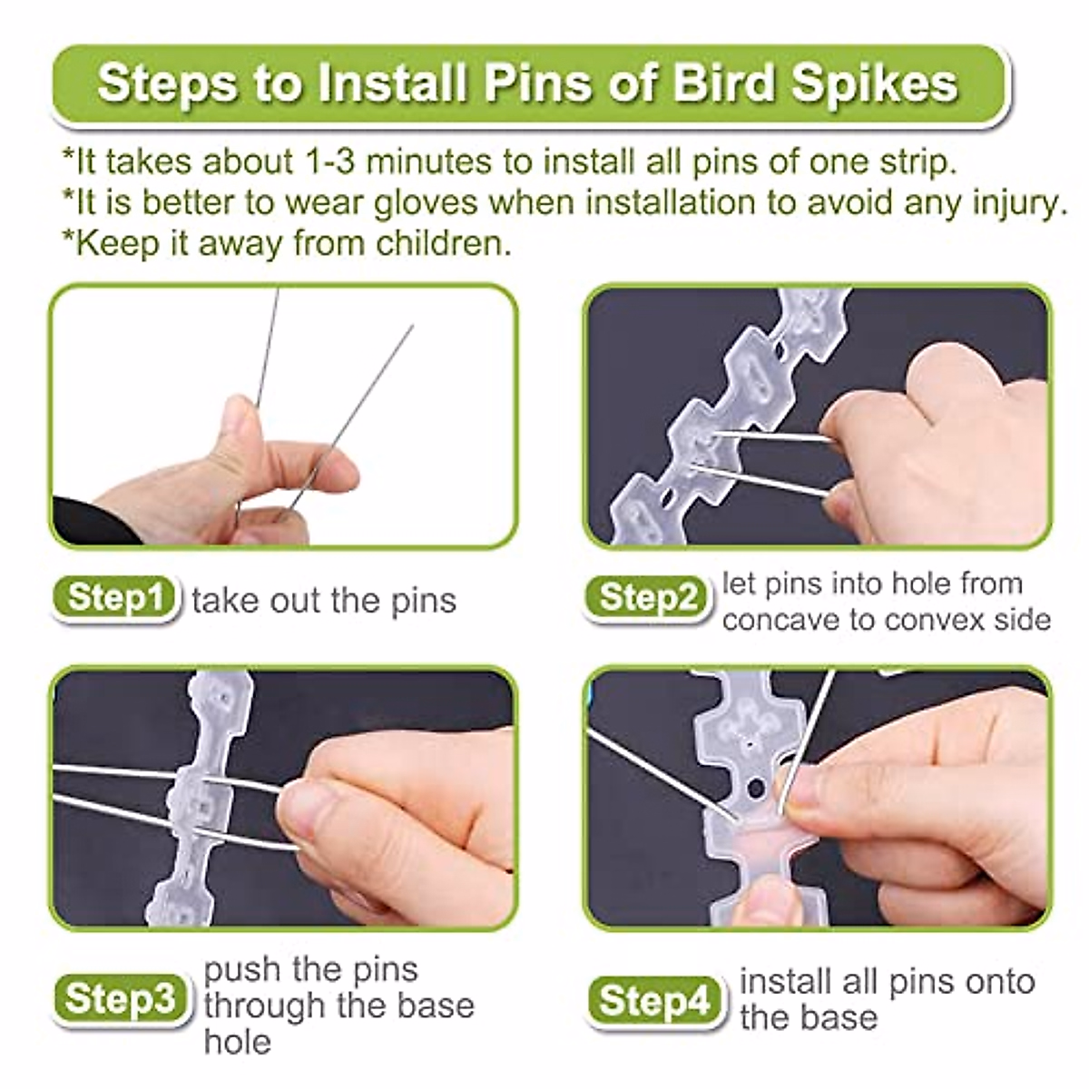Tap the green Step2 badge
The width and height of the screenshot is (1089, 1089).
tap(648, 598)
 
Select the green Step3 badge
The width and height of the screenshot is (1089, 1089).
tap(121, 999)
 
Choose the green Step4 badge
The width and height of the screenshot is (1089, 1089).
tap(655, 1001)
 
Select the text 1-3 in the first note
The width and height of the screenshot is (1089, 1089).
tap(328, 162)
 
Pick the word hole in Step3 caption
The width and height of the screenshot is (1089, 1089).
tap(237, 1041)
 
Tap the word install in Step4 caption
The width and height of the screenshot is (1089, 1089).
tap(781, 982)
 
